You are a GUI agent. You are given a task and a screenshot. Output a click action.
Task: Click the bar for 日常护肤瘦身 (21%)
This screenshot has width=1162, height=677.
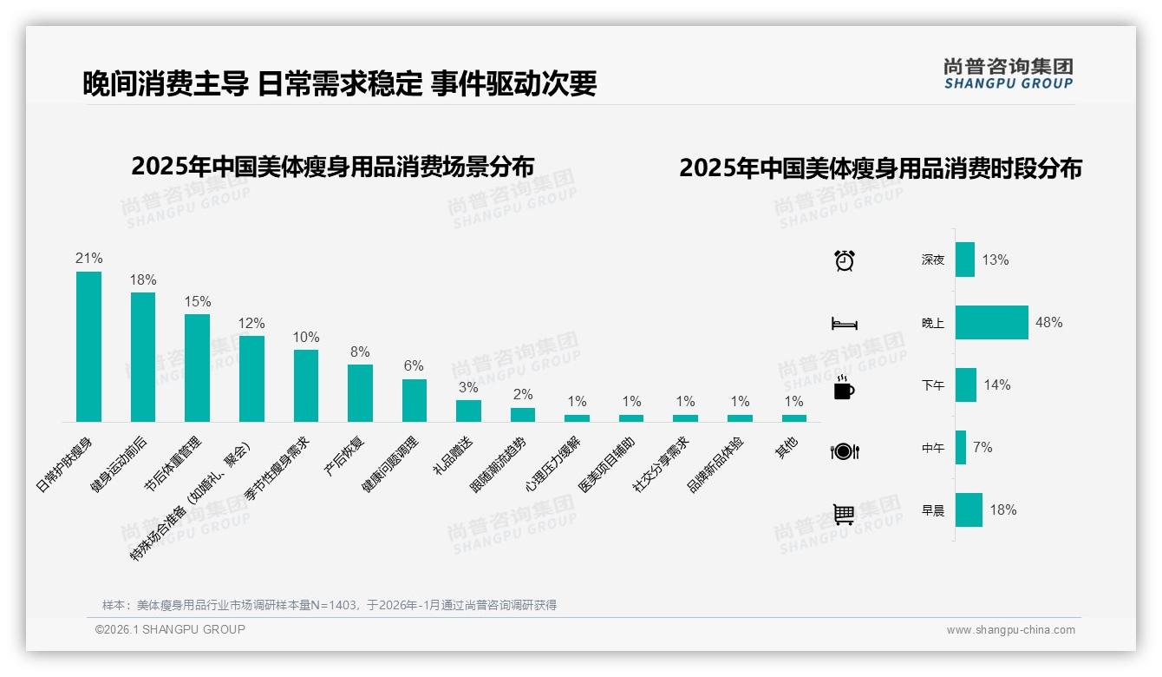(x=88, y=346)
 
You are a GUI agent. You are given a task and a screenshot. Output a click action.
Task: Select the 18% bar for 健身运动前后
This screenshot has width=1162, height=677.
(x=143, y=357)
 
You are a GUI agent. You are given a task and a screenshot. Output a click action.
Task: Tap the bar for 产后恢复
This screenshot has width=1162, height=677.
(x=360, y=392)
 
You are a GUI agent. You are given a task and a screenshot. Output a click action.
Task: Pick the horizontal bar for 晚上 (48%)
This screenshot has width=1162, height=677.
(x=991, y=322)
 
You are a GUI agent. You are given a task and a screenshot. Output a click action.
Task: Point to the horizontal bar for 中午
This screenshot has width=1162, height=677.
(x=961, y=448)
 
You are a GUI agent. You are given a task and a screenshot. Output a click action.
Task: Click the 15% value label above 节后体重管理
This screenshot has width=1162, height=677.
(x=197, y=302)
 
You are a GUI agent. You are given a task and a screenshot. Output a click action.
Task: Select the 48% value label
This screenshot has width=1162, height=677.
(x=1048, y=322)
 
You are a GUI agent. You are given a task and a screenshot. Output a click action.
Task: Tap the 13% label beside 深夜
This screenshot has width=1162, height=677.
(x=996, y=260)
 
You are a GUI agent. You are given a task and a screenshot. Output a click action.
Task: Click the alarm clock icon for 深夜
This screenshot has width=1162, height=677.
(x=844, y=260)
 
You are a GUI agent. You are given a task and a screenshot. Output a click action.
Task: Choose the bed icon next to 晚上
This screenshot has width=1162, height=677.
(x=844, y=324)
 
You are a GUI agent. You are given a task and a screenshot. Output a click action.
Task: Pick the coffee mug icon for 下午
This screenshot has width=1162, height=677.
(x=844, y=388)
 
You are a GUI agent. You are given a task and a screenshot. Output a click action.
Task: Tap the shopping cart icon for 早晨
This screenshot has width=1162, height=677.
(x=844, y=514)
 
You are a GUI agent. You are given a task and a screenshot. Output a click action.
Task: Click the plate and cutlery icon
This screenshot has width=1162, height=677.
(x=844, y=451)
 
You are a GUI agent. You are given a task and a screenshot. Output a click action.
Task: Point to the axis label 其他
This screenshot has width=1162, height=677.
(x=787, y=444)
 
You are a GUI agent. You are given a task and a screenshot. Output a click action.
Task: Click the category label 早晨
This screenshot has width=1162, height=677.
(x=933, y=511)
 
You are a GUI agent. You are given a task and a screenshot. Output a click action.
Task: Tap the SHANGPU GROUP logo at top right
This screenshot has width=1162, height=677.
(x=1008, y=74)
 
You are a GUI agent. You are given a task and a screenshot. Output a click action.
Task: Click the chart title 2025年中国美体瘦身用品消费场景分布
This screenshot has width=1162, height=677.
(x=332, y=166)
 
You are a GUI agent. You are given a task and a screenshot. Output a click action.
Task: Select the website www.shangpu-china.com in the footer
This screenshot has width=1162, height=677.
(x=1010, y=630)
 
